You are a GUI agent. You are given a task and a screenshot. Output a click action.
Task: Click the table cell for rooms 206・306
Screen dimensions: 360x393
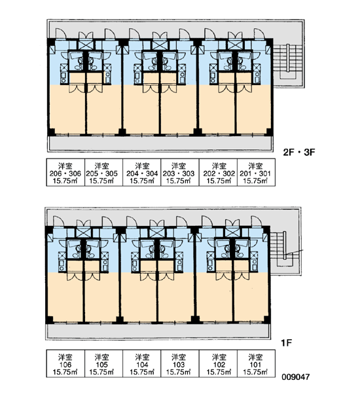65,172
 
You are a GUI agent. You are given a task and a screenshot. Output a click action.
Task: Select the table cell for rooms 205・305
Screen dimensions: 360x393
103,172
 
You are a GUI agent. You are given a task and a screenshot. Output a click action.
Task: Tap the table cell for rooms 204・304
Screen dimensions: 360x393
142,172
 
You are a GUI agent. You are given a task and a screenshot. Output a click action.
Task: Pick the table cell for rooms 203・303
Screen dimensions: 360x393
180,172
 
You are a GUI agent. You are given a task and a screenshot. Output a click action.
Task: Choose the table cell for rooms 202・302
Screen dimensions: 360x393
218,172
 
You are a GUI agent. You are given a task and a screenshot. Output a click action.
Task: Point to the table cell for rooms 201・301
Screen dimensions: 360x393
257,172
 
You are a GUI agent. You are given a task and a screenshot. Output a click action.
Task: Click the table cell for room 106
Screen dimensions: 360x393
65,364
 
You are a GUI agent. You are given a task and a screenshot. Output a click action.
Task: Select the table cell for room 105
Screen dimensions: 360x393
103,364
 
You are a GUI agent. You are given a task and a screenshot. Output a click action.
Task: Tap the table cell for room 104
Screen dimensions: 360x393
142,364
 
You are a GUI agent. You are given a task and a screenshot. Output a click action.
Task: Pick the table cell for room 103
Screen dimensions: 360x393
180,364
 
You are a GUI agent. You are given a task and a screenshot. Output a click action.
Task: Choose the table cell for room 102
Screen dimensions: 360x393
218,364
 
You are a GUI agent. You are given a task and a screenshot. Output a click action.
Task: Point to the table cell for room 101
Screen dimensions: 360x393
257,364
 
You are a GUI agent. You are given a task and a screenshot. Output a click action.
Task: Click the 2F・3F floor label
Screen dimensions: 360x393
299,152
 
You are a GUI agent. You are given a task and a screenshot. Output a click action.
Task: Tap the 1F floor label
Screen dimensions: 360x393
287,343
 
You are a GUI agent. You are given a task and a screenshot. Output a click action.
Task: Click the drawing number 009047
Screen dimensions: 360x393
296,377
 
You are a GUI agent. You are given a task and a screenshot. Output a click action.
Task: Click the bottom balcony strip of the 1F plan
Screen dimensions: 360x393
158,331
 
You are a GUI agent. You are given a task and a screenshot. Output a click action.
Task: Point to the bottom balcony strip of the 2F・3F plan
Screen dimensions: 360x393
160,143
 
